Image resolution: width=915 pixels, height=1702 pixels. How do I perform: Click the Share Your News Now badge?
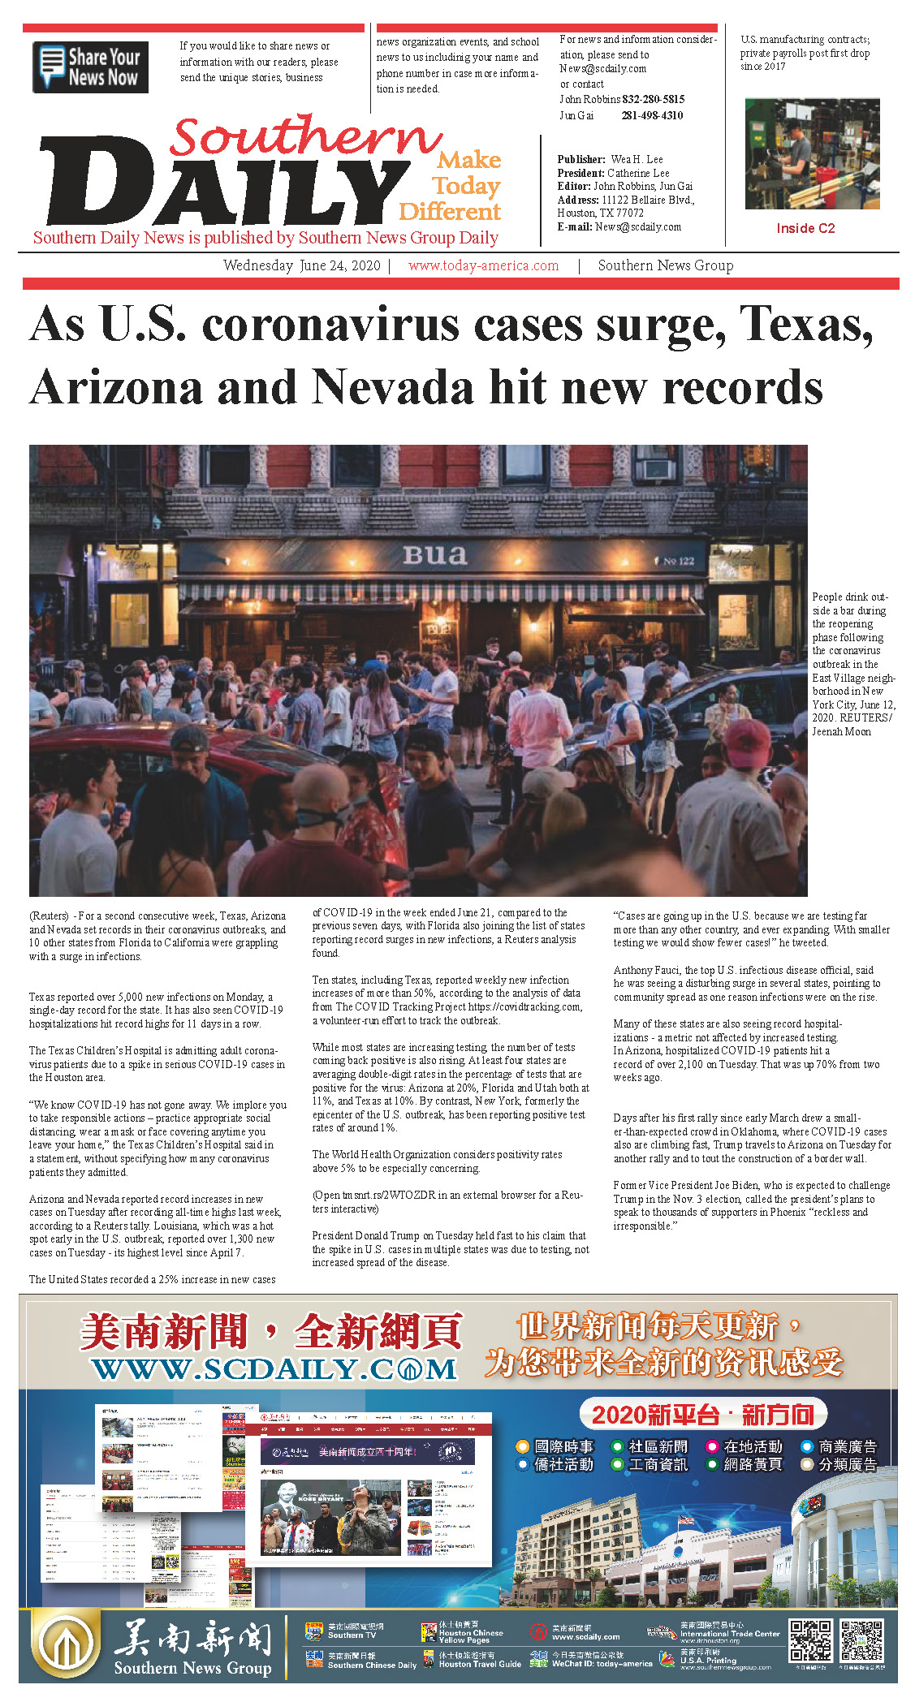coord(90,67)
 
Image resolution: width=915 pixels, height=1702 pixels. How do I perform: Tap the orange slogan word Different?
coord(450,212)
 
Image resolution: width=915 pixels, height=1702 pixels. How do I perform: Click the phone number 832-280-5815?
coord(653,99)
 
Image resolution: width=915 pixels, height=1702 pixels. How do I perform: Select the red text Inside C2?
coord(805,228)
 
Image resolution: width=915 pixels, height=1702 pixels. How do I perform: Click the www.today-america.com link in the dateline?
coord(483,265)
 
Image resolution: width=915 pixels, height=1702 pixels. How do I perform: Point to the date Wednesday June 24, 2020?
coord(301,265)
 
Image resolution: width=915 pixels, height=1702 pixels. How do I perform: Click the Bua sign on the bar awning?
coord(435,555)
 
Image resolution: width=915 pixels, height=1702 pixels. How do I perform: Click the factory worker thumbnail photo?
coord(812,154)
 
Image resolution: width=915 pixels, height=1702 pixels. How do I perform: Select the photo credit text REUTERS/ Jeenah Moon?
coord(852,725)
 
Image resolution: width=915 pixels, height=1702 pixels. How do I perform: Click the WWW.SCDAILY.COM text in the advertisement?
coord(274,1369)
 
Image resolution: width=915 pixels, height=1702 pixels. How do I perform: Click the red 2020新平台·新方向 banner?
coord(702,1415)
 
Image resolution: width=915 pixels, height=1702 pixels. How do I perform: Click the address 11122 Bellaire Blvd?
coord(647,200)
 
